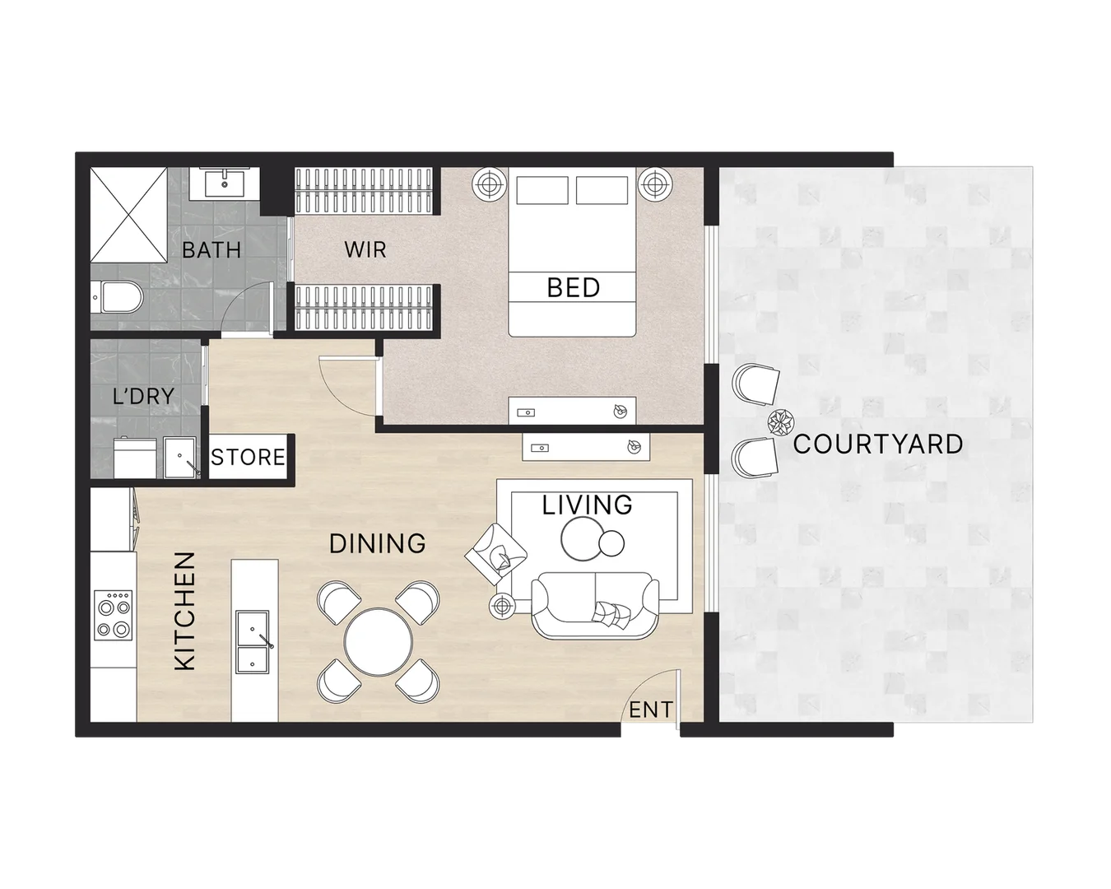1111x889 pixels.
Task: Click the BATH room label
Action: point(212,249)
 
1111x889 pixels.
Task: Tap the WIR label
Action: point(365,249)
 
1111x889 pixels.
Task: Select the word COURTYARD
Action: point(877,444)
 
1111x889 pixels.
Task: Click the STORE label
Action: point(248,457)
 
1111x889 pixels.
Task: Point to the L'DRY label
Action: point(143,396)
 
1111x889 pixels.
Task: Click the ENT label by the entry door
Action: point(650,710)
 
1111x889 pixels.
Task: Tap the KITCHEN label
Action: point(185,610)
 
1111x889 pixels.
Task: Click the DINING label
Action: point(378,543)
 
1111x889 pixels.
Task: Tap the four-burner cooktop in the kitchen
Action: point(113,615)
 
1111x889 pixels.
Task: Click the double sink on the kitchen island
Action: point(254,639)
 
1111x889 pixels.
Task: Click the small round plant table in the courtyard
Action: point(779,423)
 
